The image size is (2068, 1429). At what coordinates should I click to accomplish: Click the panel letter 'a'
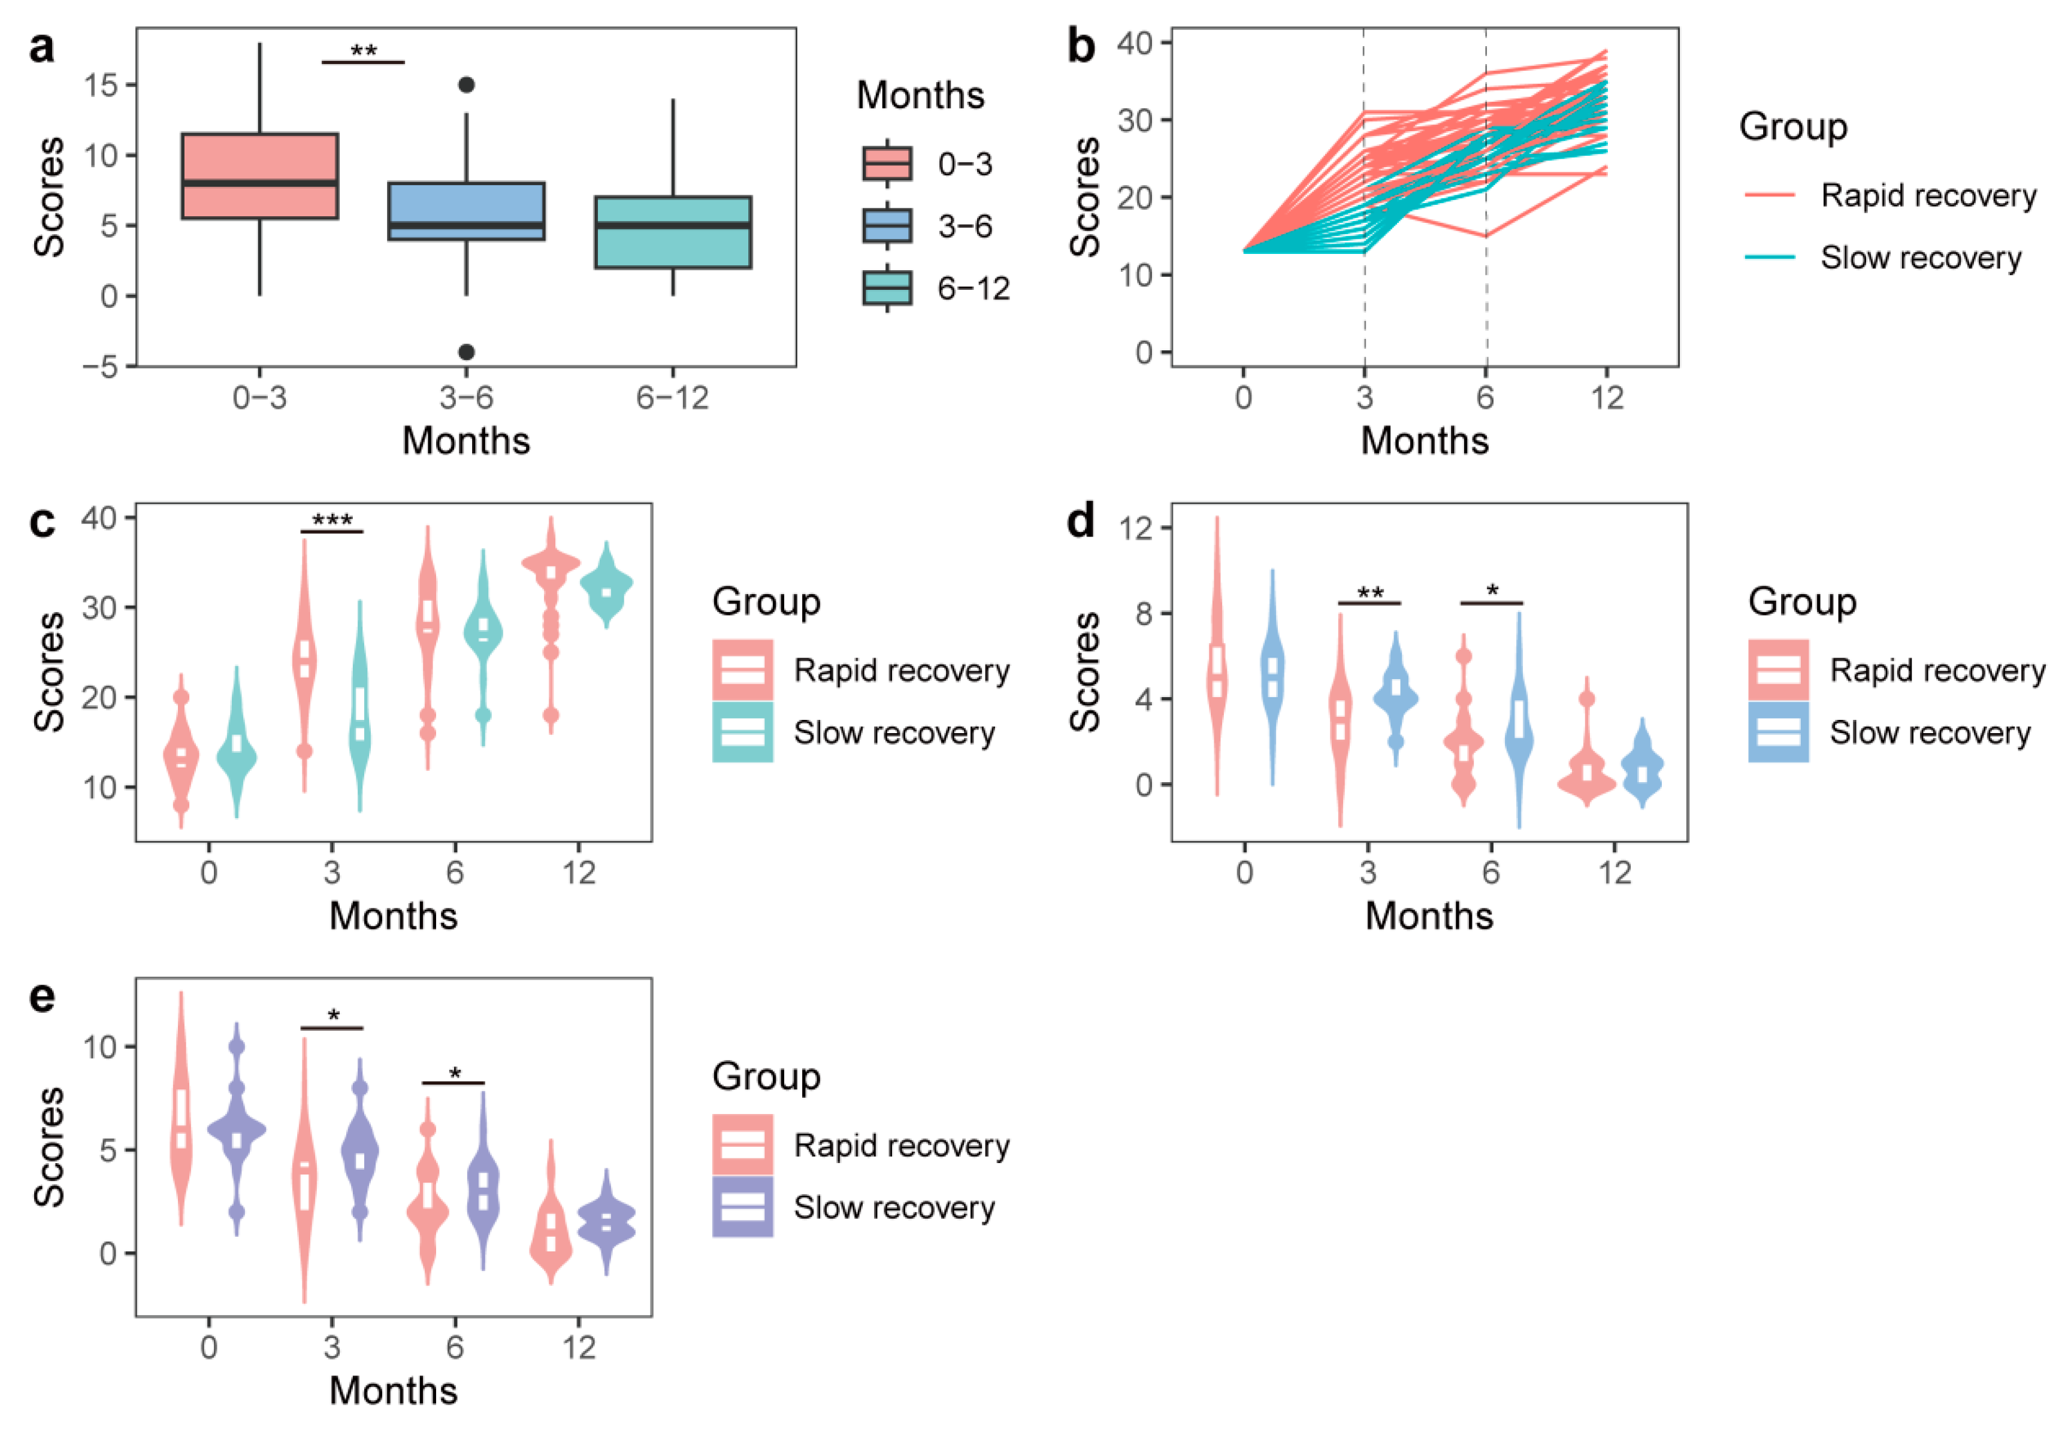41,47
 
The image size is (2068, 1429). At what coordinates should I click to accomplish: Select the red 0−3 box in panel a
260,175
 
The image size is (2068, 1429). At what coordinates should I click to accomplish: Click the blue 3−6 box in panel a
465,211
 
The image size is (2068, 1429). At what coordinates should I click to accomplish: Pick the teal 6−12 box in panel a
673,232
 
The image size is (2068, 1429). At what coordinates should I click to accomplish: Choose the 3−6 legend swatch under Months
887,226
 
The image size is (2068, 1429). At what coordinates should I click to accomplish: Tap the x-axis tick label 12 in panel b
1607,396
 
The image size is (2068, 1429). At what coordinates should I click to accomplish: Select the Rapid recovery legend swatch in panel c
742,670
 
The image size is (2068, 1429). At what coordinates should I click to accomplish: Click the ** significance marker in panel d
1369,594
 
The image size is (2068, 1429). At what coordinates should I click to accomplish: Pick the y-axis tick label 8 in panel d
1143,613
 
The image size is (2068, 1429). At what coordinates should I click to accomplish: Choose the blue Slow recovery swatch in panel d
1778,732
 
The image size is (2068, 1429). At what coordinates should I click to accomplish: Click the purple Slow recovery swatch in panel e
742,1207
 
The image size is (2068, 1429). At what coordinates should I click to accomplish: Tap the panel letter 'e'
42,997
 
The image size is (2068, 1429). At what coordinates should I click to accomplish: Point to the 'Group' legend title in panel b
1793,126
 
